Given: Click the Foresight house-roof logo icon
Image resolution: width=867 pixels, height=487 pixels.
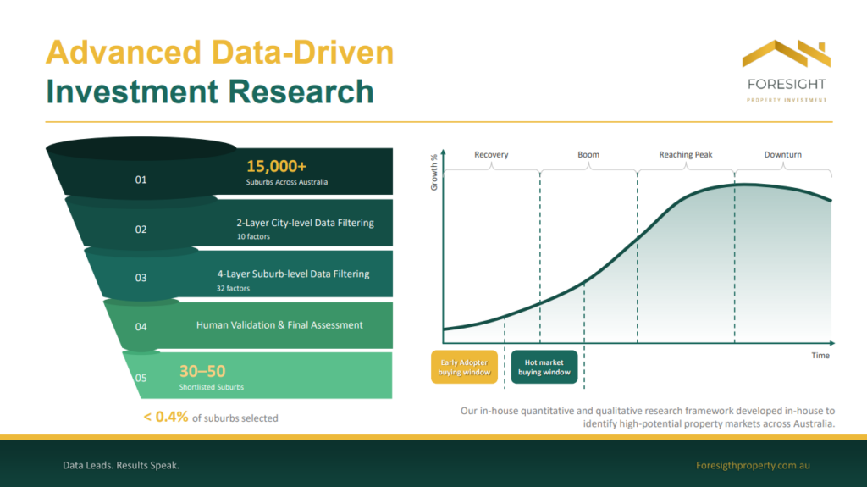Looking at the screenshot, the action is coord(787,53).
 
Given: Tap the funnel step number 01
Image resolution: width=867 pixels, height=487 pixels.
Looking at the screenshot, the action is coord(141,180).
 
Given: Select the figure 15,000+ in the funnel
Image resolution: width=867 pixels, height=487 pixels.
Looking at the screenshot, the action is coord(277,166).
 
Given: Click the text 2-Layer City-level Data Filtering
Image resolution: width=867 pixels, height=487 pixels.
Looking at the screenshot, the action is coord(305,223).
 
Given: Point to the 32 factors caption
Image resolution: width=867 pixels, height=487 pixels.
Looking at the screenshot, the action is coord(233,288).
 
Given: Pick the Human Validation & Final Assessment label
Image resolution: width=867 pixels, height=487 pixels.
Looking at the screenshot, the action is coord(279,325).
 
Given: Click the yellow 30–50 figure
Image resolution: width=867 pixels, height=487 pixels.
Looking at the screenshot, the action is coord(202,371).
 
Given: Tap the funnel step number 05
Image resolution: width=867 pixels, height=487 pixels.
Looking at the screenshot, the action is coord(141,378).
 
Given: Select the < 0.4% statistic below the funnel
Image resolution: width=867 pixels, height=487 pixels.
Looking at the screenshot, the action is coord(166,417).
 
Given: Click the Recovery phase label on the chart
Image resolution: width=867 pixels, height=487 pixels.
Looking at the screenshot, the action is coord(491,154).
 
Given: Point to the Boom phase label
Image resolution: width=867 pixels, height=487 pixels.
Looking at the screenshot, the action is coord(588,154).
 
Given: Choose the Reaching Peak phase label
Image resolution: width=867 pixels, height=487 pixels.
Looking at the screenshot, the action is coord(686,154).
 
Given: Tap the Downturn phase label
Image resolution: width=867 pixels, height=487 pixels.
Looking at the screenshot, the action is coord(783,154).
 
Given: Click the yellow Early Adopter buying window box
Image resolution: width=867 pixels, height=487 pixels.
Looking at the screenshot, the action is coord(465,367).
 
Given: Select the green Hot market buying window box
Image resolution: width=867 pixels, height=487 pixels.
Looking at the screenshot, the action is coord(544,367).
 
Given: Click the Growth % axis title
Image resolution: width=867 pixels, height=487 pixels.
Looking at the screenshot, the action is coord(434,172).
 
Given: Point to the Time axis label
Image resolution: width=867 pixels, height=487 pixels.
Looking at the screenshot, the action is coord(820,355).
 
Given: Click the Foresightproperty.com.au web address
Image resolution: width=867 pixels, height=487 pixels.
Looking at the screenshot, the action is coord(753,466).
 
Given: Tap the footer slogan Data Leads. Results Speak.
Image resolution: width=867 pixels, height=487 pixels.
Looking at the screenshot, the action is coord(121,466).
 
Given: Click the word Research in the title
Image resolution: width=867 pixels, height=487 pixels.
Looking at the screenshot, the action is coord(301,91).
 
